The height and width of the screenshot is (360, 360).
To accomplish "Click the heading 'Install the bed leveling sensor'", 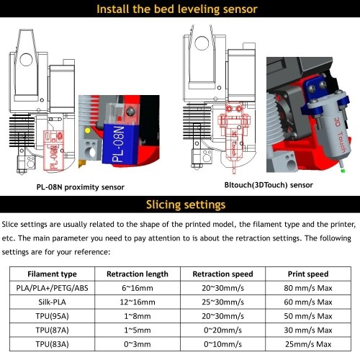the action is coord(177,9).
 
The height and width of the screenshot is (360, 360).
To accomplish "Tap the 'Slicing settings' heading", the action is coord(186,205).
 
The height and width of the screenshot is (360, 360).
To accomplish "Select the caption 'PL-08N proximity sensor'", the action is coord(81,187).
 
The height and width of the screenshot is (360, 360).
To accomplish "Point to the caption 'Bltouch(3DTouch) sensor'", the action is coord(269,185).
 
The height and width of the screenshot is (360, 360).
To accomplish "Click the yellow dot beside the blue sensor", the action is coord(88,130).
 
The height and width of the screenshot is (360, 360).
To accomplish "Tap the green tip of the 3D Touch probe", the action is coord(343,171).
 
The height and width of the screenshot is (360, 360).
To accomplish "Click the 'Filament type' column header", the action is coord(52,274).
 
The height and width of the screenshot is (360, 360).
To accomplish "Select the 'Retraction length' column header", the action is coord(138,274).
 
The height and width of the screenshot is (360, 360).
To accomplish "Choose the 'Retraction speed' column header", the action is coord(222,274).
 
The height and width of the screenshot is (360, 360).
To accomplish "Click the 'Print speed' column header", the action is coord(308,274).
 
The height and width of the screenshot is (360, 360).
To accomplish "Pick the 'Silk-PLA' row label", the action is coord(52,302).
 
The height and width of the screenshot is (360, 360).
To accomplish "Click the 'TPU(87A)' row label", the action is coord(52,330).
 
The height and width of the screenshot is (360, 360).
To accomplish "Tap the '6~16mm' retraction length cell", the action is coord(138,288).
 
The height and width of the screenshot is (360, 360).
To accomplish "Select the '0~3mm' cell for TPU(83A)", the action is coord(138,344).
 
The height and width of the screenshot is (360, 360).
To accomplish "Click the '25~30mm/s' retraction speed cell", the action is coord(222,302).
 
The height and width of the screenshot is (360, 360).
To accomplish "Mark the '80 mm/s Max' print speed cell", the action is coord(308,288).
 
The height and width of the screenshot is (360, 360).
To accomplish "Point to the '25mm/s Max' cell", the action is coord(308,344).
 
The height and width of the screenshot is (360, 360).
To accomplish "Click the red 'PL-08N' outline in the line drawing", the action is coord(53,150).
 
